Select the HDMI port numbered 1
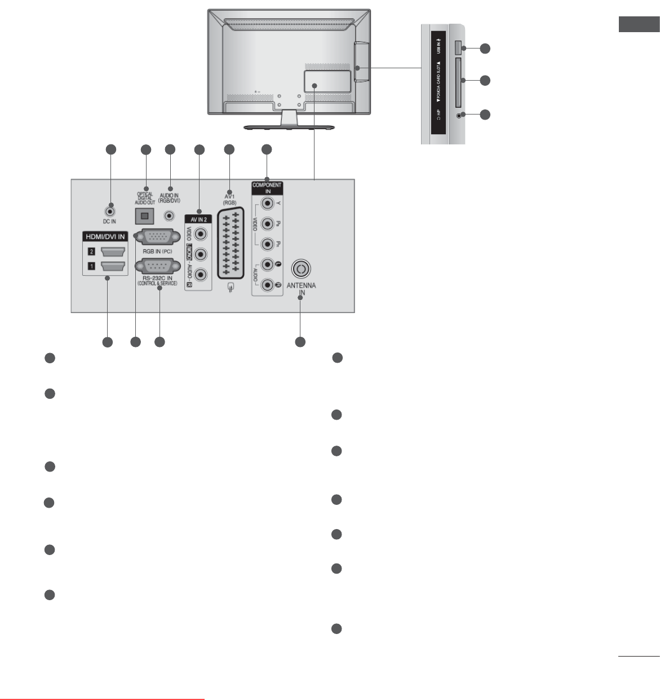113,266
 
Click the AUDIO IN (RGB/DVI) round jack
169,215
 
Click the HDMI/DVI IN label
106,237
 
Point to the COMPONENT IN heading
267,188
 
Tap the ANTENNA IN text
302,289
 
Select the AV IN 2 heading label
198,219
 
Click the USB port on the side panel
457,47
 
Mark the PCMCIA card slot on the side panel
458,82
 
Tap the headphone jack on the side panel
462,115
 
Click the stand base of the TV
289,127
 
